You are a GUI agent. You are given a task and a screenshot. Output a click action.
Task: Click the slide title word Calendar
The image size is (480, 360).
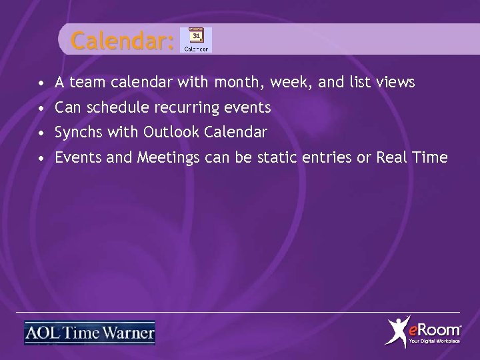point(122,41)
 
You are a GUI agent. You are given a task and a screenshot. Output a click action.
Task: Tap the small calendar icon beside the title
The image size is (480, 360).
point(196,40)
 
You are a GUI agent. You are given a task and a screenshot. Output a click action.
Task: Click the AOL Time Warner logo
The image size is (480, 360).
point(89,332)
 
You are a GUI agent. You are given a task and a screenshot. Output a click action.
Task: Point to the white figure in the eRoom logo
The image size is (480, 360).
point(399,331)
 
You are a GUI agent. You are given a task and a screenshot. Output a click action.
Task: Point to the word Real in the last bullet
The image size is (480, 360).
point(393,157)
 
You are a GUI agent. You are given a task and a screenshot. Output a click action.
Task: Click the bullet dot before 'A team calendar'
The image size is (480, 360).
point(42,84)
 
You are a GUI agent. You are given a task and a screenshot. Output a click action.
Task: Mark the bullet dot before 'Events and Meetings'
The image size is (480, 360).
point(42,159)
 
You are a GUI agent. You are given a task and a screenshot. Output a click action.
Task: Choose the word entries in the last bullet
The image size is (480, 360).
point(331,157)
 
